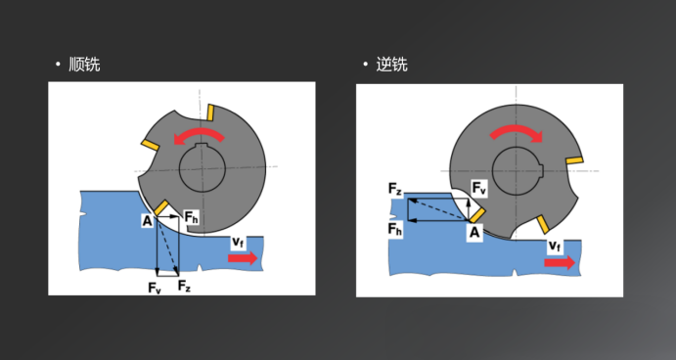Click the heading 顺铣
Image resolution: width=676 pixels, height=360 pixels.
click(x=84, y=65)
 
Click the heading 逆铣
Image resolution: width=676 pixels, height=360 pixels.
click(x=392, y=65)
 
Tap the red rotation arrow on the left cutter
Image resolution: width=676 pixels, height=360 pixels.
click(x=200, y=135)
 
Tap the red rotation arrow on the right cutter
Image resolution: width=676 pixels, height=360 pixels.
click(x=517, y=132)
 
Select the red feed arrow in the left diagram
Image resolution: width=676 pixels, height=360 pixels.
click(x=243, y=258)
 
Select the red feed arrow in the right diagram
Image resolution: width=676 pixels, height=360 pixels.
click(x=560, y=262)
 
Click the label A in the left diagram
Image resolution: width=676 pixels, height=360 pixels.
click(x=148, y=221)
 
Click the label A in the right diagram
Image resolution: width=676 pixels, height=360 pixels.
click(x=474, y=233)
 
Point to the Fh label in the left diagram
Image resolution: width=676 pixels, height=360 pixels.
click(x=191, y=217)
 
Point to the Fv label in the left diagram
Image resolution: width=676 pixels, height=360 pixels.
click(x=155, y=288)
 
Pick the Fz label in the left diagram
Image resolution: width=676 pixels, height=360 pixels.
click(x=184, y=286)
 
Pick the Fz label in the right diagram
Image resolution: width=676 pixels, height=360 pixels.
click(x=395, y=189)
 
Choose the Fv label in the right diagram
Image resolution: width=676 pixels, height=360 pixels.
click(x=479, y=188)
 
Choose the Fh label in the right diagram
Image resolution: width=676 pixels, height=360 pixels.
click(x=395, y=229)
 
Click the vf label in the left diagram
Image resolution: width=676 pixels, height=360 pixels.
click(x=238, y=243)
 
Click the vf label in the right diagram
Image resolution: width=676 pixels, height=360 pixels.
click(x=555, y=247)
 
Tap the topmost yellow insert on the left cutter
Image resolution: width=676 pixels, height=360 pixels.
click(x=210, y=112)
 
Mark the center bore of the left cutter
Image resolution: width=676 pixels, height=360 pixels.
click(x=203, y=168)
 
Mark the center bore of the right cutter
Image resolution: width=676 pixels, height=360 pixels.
click(x=517, y=171)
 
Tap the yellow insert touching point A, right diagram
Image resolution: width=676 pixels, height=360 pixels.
click(x=476, y=215)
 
